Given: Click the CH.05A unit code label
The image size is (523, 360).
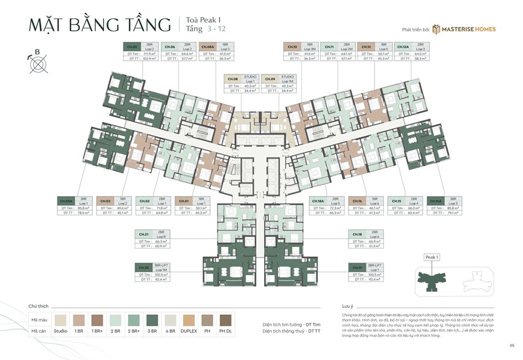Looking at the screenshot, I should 66,201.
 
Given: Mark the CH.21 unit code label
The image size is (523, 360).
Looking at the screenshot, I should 144,233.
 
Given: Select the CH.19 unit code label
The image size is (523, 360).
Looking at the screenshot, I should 357,267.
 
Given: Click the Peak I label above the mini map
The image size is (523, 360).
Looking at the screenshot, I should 431,257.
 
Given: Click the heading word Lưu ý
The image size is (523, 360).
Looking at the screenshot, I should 347,306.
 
